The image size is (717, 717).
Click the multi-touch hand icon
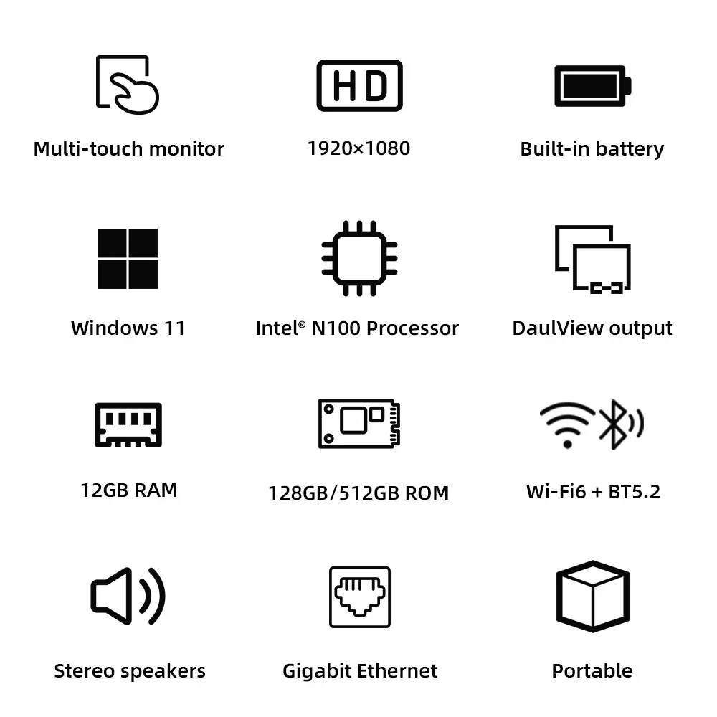click(128, 84)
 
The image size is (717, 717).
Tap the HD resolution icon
click(359, 85)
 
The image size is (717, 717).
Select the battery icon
click(592, 85)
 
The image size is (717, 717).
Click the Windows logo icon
click(128, 259)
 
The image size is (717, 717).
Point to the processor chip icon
click(359, 258)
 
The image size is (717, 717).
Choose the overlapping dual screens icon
click(593, 258)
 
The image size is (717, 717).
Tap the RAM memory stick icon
click(128, 424)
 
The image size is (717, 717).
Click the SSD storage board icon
click(359, 424)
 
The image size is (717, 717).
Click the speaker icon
click(128, 596)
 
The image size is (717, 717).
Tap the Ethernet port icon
click(360, 597)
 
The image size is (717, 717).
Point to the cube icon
click(592, 596)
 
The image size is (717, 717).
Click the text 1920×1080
click(358, 148)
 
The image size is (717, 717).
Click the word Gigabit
click(316, 671)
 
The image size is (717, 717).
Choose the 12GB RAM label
click(129, 490)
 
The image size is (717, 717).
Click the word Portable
click(592, 671)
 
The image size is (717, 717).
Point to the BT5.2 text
click(634, 492)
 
